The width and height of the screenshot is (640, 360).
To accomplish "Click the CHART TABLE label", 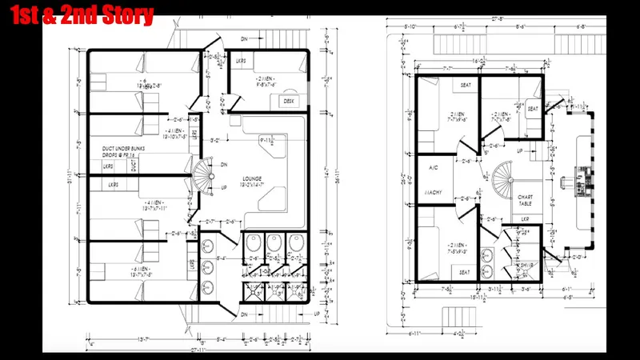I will point(526,201).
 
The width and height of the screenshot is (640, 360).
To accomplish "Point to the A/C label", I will point(434,169).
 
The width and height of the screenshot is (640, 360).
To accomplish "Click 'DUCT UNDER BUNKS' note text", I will point(122,149).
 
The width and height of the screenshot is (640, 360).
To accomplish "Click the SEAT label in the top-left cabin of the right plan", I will point(466,85).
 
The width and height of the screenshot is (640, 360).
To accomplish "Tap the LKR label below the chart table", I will point(525,218).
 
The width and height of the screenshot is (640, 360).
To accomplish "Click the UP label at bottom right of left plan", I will point(318,313).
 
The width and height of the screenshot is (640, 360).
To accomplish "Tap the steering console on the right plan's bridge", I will point(578,182).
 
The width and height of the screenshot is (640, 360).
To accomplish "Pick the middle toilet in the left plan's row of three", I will point(274,248).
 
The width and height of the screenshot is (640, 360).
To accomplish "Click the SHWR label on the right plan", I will point(526,264).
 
